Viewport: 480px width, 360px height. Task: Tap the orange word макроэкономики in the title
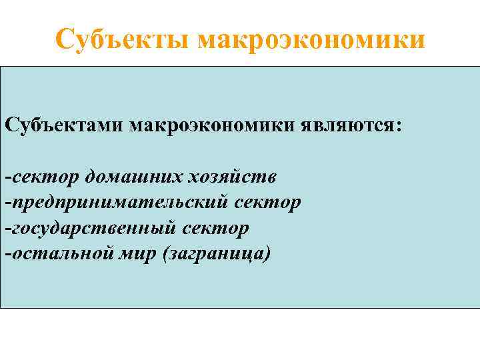311,39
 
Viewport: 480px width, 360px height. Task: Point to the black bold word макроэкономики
218,125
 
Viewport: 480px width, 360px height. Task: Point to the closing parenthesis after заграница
268,254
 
